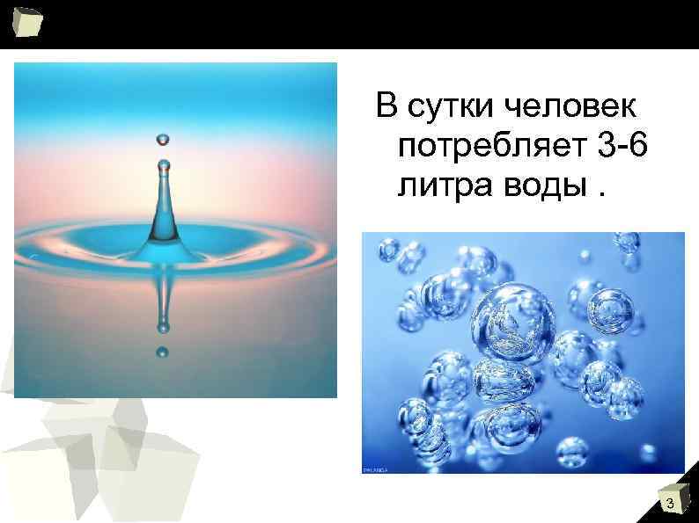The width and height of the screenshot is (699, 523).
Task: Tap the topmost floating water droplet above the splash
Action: pyautogui.click(x=163, y=139)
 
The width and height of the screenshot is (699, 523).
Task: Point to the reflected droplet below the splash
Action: pyautogui.click(x=162, y=352)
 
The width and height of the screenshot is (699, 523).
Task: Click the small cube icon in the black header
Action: pyautogui.click(x=26, y=22)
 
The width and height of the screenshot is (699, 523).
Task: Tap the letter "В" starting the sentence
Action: pyautogui.click(x=386, y=107)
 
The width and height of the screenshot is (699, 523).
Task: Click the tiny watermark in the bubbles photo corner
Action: pyautogui.click(x=375, y=470)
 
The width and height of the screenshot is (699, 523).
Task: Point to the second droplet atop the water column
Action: pyautogui.click(x=163, y=164)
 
